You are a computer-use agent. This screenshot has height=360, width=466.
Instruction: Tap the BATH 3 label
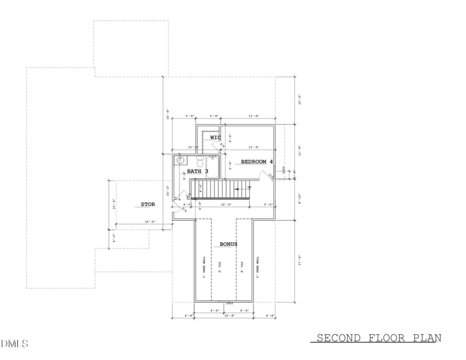coord(197,171)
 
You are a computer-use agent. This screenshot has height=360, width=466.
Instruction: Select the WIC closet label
coord(216,137)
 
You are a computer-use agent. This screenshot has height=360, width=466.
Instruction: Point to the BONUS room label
coord(228,244)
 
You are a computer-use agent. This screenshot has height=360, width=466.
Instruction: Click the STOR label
coord(147,204)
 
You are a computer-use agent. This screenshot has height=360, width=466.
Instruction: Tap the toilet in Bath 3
coord(200,161)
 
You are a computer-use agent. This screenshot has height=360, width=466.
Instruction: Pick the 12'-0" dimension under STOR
coord(150,222)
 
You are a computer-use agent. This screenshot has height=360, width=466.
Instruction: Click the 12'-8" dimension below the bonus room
coord(229,316)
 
